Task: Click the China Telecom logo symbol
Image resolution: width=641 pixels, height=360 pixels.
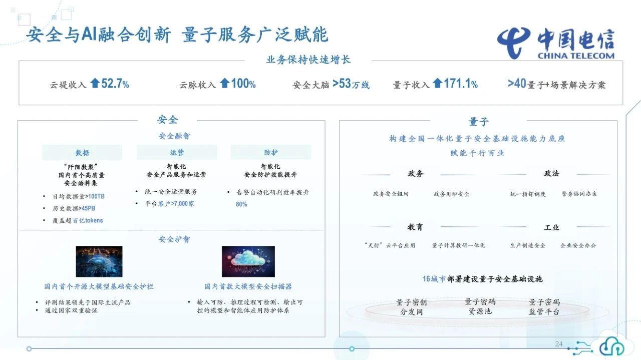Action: pyautogui.click(x=513, y=43)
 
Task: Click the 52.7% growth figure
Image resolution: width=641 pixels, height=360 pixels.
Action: pyautogui.click(x=115, y=84)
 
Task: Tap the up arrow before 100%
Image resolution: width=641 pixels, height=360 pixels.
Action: pyautogui.click(x=225, y=84)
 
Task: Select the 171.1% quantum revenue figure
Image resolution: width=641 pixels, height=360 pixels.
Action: pyautogui.click(x=460, y=84)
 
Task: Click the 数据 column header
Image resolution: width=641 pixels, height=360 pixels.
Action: pyautogui.click(x=82, y=153)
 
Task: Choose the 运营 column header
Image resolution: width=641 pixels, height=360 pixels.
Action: pyautogui.click(x=177, y=152)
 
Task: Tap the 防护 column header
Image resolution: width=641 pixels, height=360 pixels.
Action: pyautogui.click(x=271, y=152)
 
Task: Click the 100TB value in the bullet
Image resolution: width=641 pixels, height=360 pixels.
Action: pyautogui.click(x=97, y=196)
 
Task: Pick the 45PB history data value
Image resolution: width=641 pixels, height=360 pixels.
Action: pyautogui.click(x=88, y=208)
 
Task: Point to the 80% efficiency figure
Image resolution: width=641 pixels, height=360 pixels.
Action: pyautogui.click(x=241, y=204)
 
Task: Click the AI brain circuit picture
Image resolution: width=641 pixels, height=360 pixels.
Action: pyautogui.click(x=99, y=261)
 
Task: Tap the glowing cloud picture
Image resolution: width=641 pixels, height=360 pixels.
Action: pyautogui.click(x=248, y=261)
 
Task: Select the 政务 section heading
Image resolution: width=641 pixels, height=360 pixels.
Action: pyautogui.click(x=415, y=173)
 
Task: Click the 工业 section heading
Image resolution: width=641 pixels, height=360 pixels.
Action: pyautogui.click(x=551, y=227)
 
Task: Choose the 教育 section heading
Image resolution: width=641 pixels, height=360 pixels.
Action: pyautogui.click(x=415, y=227)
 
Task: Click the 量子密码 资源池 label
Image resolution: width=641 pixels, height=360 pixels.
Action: pyautogui.click(x=480, y=306)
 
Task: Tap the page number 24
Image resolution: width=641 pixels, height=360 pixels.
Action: pyautogui.click(x=559, y=343)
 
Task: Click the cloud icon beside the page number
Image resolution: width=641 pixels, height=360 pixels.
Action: pyautogui.click(x=612, y=346)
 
